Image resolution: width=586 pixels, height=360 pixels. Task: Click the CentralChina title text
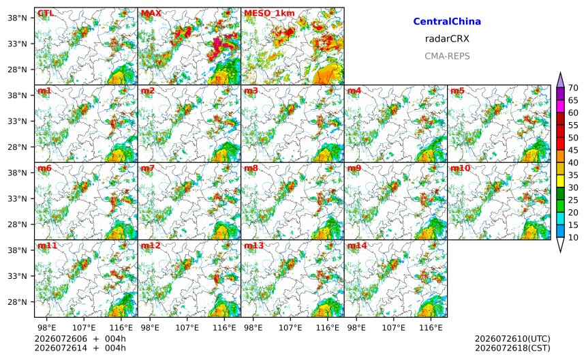point(447,21)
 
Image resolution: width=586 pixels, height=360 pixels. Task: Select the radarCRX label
point(447,38)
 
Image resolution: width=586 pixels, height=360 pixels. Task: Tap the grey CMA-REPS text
point(447,56)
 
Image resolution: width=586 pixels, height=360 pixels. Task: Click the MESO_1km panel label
point(269,13)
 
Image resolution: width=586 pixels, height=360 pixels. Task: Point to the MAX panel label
point(151,13)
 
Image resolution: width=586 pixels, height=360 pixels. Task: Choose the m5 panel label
point(457,91)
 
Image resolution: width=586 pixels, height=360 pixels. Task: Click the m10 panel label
point(460,168)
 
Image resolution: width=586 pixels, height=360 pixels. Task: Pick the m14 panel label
point(357,245)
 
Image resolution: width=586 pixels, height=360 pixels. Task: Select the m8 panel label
point(251,168)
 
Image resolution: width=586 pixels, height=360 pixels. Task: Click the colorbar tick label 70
point(573,88)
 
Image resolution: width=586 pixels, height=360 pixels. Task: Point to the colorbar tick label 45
point(573,150)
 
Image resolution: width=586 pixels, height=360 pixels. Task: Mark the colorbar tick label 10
point(573,237)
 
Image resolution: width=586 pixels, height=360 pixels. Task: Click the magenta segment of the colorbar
point(560,106)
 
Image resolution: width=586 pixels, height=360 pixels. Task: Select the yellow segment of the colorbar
point(560,181)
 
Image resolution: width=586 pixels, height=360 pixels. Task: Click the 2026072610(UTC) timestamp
point(512,339)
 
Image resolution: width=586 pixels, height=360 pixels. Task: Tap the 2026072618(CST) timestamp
point(512,348)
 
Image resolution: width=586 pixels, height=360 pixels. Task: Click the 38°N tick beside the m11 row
point(18,250)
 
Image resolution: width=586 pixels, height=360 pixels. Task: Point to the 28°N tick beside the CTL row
point(18,70)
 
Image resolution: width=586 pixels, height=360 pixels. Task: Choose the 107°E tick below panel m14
point(394,328)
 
